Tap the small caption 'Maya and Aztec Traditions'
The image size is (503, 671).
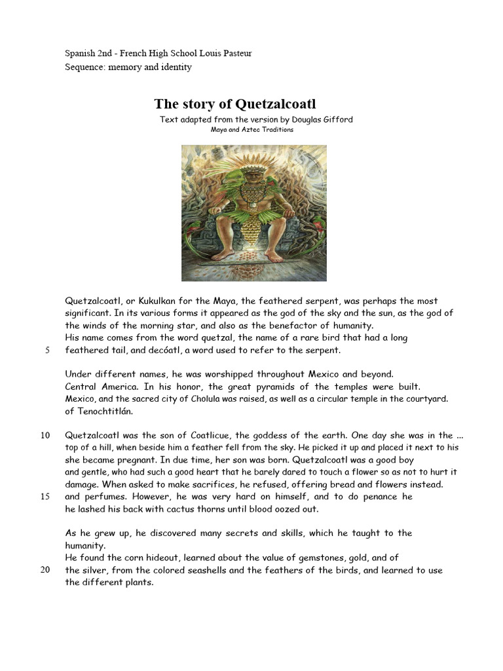[251, 130]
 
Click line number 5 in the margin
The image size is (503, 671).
[47, 350]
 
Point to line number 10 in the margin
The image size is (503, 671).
[45, 436]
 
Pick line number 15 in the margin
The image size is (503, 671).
[45, 497]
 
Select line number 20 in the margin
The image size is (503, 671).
[45, 570]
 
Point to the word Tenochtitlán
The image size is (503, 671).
[104, 411]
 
